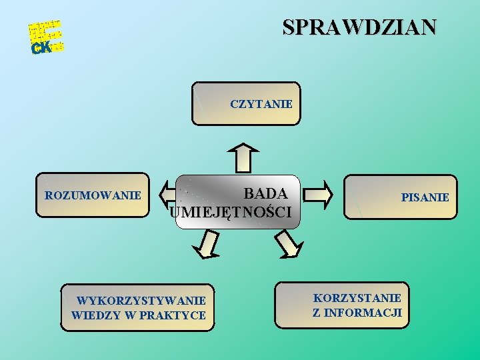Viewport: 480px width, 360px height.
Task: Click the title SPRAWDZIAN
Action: click(360, 27)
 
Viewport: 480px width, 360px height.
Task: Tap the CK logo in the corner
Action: click(41, 47)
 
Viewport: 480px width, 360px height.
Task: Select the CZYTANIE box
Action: click(261, 104)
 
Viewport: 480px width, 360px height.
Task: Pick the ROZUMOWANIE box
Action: click(93, 195)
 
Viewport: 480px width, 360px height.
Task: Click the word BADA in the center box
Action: click(265, 194)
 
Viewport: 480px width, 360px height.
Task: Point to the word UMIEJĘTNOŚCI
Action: click(231, 213)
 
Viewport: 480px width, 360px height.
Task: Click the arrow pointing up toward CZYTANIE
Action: click(245, 157)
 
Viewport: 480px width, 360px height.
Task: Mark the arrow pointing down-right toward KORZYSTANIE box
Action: click(288, 244)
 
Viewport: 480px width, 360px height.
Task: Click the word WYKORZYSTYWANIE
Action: click(141, 301)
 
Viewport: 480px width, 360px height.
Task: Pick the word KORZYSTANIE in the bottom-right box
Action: click(357, 298)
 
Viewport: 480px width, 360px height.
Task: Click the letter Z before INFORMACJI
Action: click(317, 312)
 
